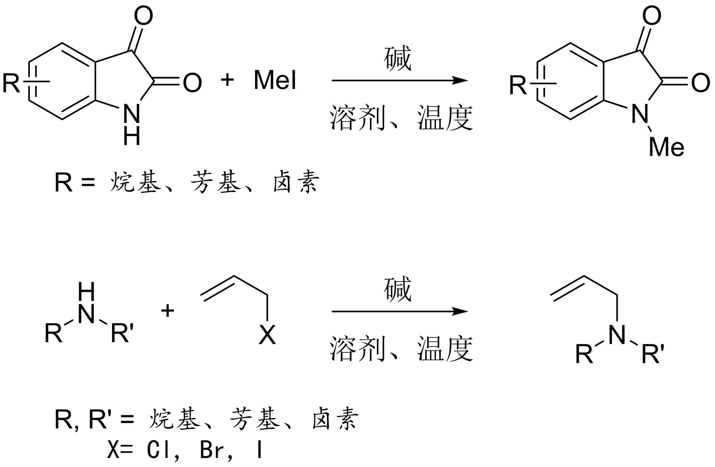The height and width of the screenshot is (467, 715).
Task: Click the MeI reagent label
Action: (x=275, y=80)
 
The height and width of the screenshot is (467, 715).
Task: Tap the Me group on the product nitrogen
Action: (x=666, y=147)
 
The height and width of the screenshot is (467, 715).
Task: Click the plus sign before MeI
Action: (x=227, y=79)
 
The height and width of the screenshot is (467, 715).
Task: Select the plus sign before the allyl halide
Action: (x=167, y=310)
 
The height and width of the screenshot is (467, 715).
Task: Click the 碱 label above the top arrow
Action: (x=398, y=58)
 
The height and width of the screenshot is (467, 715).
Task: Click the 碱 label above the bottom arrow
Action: (x=398, y=289)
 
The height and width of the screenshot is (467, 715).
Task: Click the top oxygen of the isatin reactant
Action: (x=143, y=16)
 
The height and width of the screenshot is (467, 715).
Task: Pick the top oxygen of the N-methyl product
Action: (x=651, y=16)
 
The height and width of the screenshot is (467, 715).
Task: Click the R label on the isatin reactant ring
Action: (x=11, y=83)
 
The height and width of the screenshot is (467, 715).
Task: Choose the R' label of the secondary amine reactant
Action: (x=122, y=333)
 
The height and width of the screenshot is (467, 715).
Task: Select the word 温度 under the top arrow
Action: (x=445, y=118)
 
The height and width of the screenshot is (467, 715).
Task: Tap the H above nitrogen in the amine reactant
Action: (x=87, y=292)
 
